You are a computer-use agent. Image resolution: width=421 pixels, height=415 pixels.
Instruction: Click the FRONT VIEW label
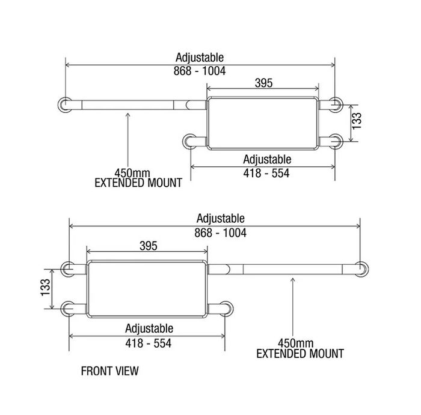(109, 371)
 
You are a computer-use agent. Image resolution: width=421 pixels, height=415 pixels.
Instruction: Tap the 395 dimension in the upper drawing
(263, 83)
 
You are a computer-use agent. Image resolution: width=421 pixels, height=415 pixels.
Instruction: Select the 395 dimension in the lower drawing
(148, 246)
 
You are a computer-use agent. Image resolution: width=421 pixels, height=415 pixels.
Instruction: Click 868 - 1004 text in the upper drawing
(200, 70)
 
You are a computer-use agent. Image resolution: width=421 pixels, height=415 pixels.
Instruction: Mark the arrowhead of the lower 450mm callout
(292, 277)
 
